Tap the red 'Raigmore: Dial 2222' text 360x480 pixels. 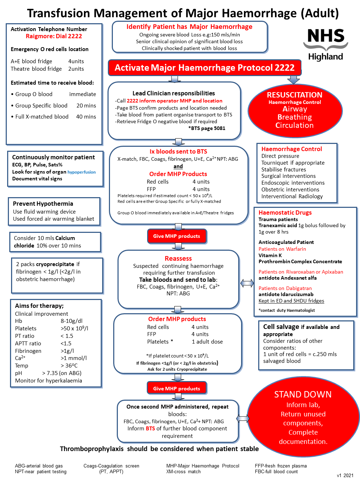click(54, 36)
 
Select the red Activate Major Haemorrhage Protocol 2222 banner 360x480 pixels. click(204, 68)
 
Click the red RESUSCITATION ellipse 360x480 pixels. click(295, 110)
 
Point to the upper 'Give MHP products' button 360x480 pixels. click(176, 236)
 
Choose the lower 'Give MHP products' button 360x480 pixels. click(176, 389)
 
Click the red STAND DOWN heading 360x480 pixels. click(302, 394)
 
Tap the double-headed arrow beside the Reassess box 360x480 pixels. click(247, 283)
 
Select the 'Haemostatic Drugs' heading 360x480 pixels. click(285, 212)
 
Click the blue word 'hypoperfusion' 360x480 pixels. click(81, 172)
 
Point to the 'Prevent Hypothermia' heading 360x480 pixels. click(43, 204)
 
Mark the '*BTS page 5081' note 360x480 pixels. click(207, 128)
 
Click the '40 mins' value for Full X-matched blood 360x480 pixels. click(86, 117)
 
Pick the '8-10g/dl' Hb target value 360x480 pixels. click(71, 321)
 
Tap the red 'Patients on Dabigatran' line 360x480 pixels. click(285, 288)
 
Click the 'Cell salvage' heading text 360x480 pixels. click(281, 327)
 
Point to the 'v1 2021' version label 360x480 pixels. click(345, 475)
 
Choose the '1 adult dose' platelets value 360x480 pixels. click(207, 342)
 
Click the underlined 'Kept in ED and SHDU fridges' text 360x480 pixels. click(291, 301)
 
